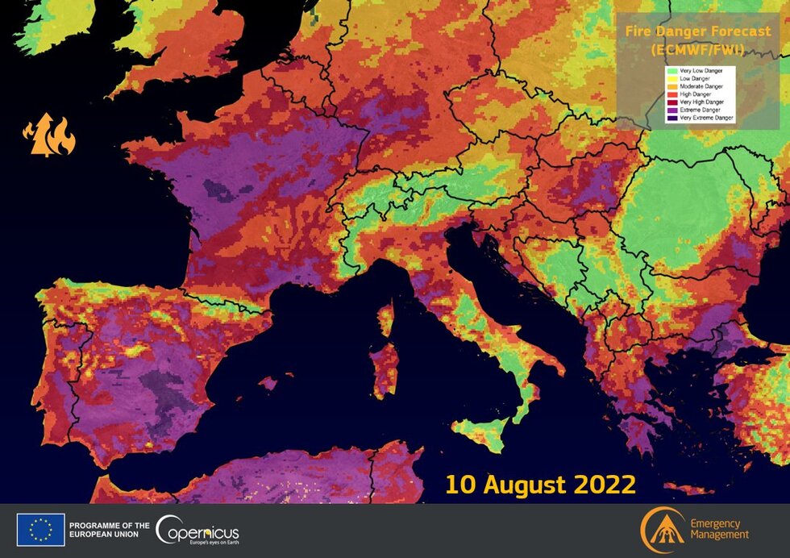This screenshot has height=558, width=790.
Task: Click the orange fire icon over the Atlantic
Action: pyautogui.click(x=48, y=135)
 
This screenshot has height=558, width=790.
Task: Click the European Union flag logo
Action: pyautogui.click(x=40, y=530)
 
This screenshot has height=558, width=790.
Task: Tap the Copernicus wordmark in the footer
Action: pyautogui.click(x=198, y=531)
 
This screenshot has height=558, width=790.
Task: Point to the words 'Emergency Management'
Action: pyautogui.click(x=719, y=529)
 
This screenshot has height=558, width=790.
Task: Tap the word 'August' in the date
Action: pyautogui.click(x=527, y=485)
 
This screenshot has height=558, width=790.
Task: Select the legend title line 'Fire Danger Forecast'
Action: pyautogui.click(x=698, y=33)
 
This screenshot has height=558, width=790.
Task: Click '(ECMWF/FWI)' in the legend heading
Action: pyautogui.click(x=698, y=49)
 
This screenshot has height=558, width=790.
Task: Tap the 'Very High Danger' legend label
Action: pyautogui.click(x=701, y=102)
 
